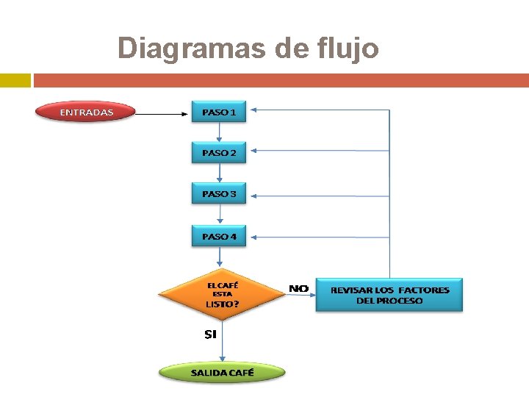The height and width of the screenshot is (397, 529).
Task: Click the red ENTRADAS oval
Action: pyautogui.click(x=86, y=112)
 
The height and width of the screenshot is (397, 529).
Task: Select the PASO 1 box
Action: pyautogui.click(x=219, y=112)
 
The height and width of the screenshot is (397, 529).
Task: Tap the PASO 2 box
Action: pyautogui.click(x=219, y=153)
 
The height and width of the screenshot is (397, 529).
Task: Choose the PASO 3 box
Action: pyautogui.click(x=219, y=194)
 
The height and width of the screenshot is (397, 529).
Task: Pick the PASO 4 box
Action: pyautogui.click(x=219, y=236)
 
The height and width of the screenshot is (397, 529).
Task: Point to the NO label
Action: pyautogui.click(x=298, y=289)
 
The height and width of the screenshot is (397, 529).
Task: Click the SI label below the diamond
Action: pyautogui.click(x=210, y=335)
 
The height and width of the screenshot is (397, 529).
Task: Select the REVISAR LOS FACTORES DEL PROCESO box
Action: pyautogui.click(x=389, y=295)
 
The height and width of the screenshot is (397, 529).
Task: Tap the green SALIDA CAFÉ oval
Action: pyautogui.click(x=222, y=372)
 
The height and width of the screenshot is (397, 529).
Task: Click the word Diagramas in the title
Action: pyautogui.click(x=191, y=49)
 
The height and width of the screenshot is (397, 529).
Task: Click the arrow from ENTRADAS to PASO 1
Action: pyautogui.click(x=162, y=114)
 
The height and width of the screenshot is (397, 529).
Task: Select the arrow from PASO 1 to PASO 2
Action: pyautogui.click(x=219, y=132)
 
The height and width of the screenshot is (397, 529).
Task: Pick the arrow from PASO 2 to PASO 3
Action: pyautogui.click(x=219, y=174)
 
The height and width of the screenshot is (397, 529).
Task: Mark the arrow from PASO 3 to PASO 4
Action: pyautogui.click(x=219, y=215)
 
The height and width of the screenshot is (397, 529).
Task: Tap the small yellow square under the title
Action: pyautogui.click(x=15, y=79)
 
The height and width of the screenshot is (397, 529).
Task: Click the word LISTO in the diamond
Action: pyautogui.click(x=219, y=304)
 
